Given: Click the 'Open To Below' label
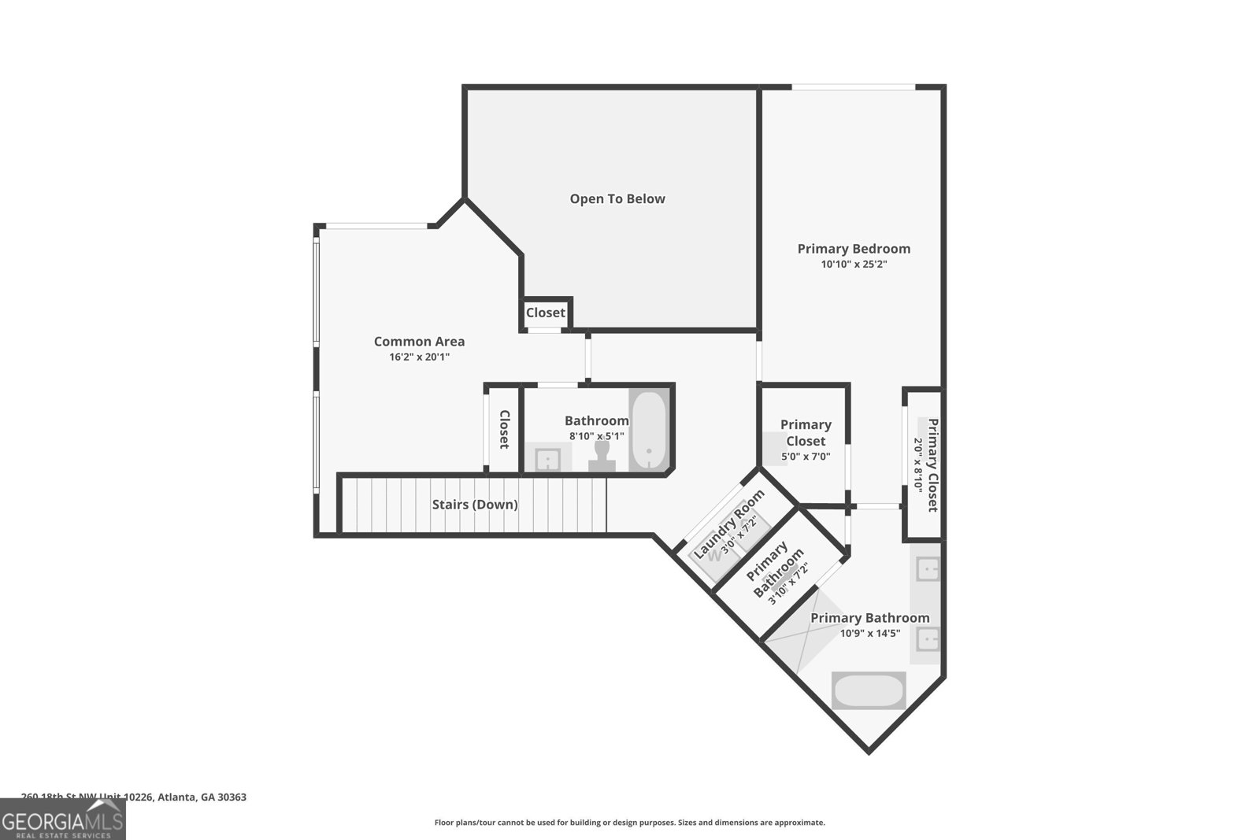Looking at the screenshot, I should coord(617,199).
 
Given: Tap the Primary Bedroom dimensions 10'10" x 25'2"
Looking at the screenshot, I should coord(854,265).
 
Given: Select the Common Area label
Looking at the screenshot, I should coord(419,342).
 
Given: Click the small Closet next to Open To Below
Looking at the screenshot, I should coord(546,313).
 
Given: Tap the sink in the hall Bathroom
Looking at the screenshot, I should coord(547,458).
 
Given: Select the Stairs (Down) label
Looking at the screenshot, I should coord(475,505).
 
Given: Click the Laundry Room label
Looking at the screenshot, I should coord(728,524).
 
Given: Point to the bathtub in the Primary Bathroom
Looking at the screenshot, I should coord(869,691).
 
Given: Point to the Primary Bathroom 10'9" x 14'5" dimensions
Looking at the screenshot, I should coord(869,633).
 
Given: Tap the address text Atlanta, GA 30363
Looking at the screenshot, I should coord(202,797).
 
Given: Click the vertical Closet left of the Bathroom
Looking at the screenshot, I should coord(504,430).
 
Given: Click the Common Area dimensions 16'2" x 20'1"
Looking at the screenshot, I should coord(419,357).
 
